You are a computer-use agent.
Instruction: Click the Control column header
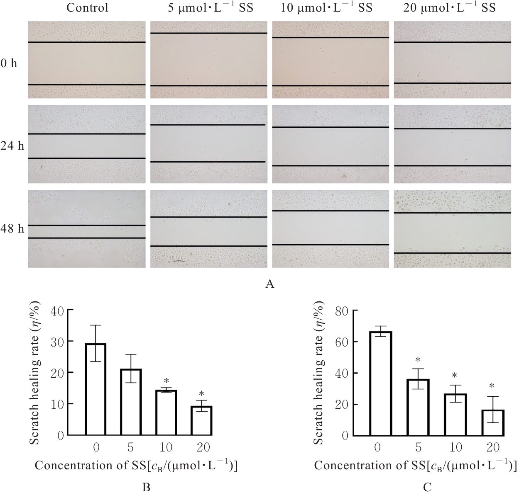click(87, 8)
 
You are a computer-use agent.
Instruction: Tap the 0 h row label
click(9, 64)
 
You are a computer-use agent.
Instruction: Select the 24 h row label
click(12, 146)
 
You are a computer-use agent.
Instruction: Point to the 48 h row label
click(12, 228)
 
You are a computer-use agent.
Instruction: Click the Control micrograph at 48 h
click(87, 228)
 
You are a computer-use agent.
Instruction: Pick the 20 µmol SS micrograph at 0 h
click(452, 60)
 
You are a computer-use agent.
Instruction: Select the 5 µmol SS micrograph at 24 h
click(208, 144)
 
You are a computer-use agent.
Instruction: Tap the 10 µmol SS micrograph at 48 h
click(330, 228)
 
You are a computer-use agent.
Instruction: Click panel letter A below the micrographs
click(270, 284)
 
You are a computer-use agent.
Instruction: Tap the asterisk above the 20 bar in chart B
click(201, 394)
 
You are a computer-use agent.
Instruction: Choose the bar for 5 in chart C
click(418, 407)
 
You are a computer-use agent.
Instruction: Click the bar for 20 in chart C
click(493, 422)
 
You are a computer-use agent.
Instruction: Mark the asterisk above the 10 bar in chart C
click(455, 376)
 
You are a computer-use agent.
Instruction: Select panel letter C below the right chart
click(427, 488)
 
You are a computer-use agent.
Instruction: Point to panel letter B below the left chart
click(146, 488)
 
